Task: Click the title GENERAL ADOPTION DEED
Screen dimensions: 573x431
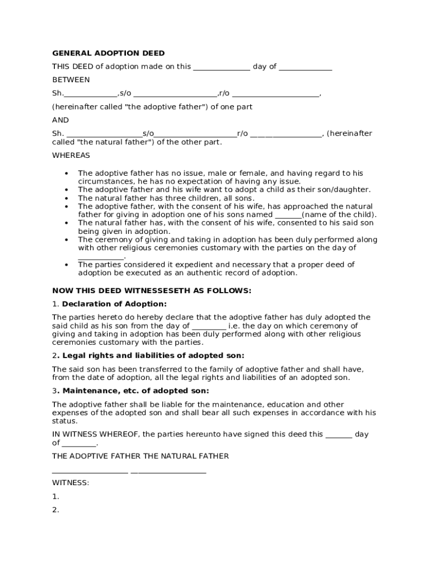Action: (x=109, y=53)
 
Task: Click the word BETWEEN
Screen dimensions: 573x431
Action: (x=71, y=80)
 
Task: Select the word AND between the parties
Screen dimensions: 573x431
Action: (x=60, y=120)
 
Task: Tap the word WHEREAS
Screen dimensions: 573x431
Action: (x=71, y=155)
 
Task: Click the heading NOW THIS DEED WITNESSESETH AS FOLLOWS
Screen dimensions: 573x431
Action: (x=152, y=291)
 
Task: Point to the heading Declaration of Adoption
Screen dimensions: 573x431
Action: (x=114, y=304)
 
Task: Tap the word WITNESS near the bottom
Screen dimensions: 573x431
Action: (x=70, y=482)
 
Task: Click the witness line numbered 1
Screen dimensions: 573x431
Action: (x=55, y=496)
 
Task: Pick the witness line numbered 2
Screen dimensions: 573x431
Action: (x=55, y=510)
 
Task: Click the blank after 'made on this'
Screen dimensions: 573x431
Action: (x=222, y=67)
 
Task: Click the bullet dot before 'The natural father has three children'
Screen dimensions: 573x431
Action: (x=67, y=198)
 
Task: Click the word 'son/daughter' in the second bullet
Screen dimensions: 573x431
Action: (x=347, y=190)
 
